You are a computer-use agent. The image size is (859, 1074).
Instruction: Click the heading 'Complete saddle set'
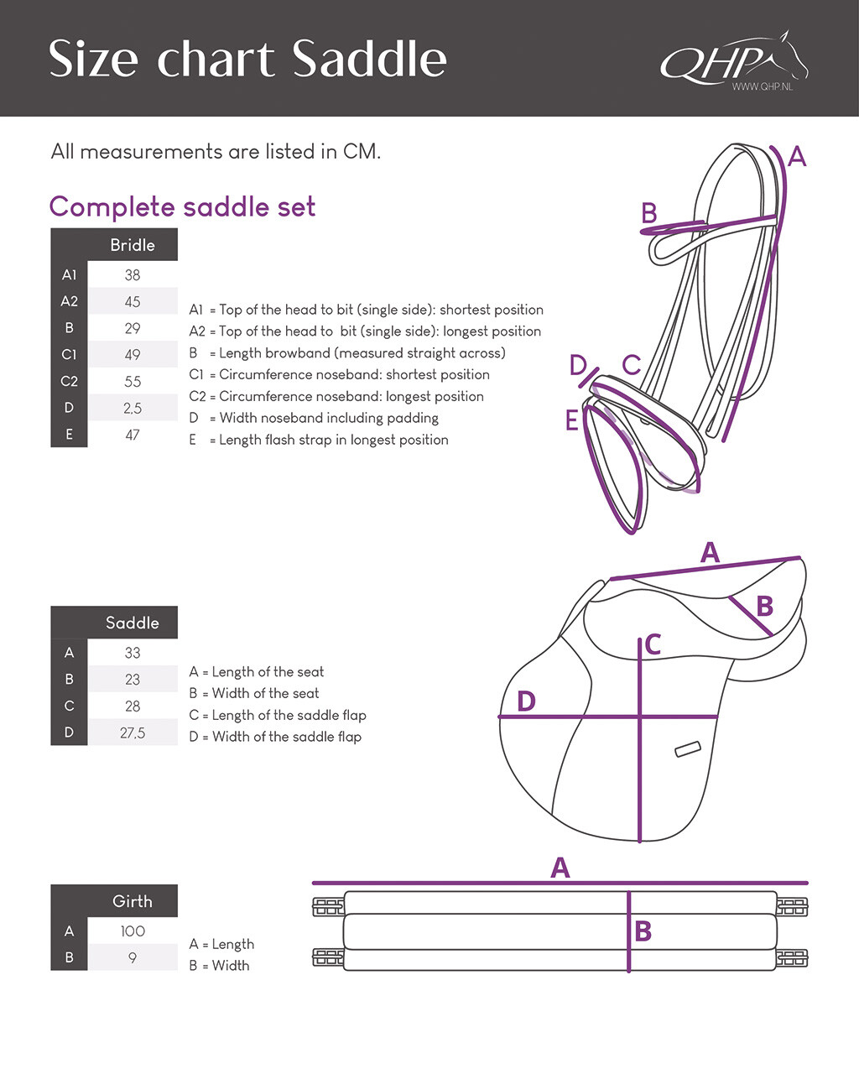pos(182,206)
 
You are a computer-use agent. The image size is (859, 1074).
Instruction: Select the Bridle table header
pos(132,245)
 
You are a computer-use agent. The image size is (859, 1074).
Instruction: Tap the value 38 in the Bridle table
pos(132,275)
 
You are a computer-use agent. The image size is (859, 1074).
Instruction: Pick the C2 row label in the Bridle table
pos(69,381)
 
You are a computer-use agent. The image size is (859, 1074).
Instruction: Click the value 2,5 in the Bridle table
pos(132,409)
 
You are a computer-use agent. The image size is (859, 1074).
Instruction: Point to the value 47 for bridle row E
pos(132,435)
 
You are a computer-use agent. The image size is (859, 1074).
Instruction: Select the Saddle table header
pos(132,623)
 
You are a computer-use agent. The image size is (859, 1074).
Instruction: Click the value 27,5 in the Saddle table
pos(132,733)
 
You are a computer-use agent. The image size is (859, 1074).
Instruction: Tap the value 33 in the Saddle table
pos(132,653)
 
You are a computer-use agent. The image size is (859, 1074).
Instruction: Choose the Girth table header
pos(132,901)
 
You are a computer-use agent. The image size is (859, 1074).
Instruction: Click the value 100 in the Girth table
pos(132,931)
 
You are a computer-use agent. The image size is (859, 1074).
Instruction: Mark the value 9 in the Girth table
pos(132,957)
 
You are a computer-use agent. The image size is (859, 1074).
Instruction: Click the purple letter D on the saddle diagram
pos(526,701)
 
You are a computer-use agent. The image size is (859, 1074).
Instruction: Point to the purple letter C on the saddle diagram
pos(653,644)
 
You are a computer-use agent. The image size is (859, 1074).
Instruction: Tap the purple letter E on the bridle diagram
pos(572,420)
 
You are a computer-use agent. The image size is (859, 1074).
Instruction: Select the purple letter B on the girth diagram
pos(643,931)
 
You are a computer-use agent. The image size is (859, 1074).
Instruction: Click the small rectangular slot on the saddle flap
pos(688,748)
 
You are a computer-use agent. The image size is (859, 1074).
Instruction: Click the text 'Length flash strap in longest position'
pos(333,440)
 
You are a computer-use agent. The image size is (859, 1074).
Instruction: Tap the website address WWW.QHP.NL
pos(761,87)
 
